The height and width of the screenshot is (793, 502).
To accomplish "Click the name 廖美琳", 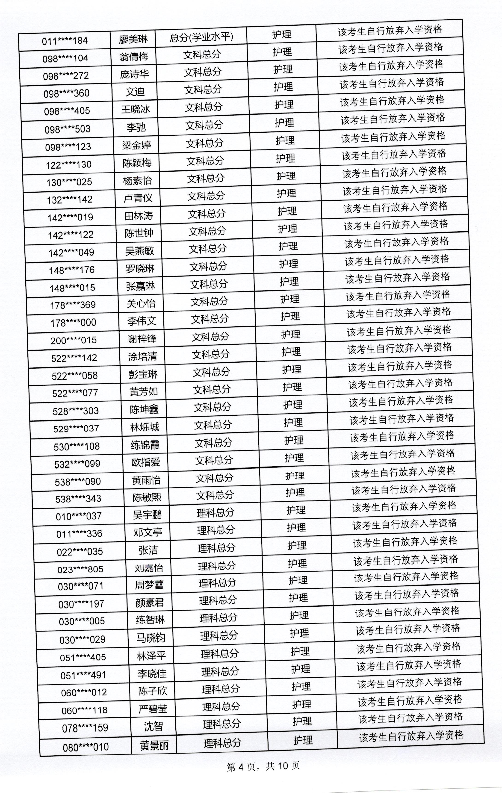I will [133, 39].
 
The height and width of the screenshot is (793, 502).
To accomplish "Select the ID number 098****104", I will [65, 59].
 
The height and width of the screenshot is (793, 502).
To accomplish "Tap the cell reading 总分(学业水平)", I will [201, 37].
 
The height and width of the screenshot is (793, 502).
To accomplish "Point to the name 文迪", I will [135, 92].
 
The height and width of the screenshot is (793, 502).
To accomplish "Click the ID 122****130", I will [68, 165].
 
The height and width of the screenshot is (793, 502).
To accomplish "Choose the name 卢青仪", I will [138, 198].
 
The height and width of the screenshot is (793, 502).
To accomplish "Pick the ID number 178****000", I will [73, 323].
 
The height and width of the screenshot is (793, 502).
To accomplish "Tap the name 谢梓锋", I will [142, 339].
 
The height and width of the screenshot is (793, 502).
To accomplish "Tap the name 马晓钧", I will [151, 638].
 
